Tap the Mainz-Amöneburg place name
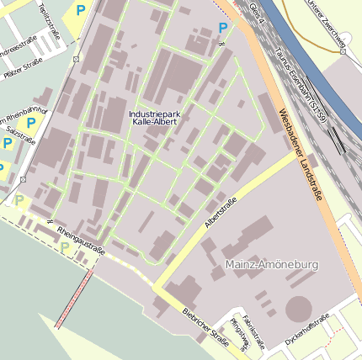pyautogui.click(x=272, y=265)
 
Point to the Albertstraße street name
pyautogui.click(x=221, y=212)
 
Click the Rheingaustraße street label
pyautogui.click(x=81, y=240)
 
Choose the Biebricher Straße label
pyautogui.click(x=205, y=326)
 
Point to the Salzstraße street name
pyautogui.click(x=20, y=135)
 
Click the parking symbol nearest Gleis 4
pyautogui.click(x=222, y=28)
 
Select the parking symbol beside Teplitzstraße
pyautogui.click(x=81, y=11)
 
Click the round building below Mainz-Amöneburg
pyautogui.click(x=298, y=308)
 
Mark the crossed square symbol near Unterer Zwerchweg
pyautogui.click(x=343, y=51)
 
